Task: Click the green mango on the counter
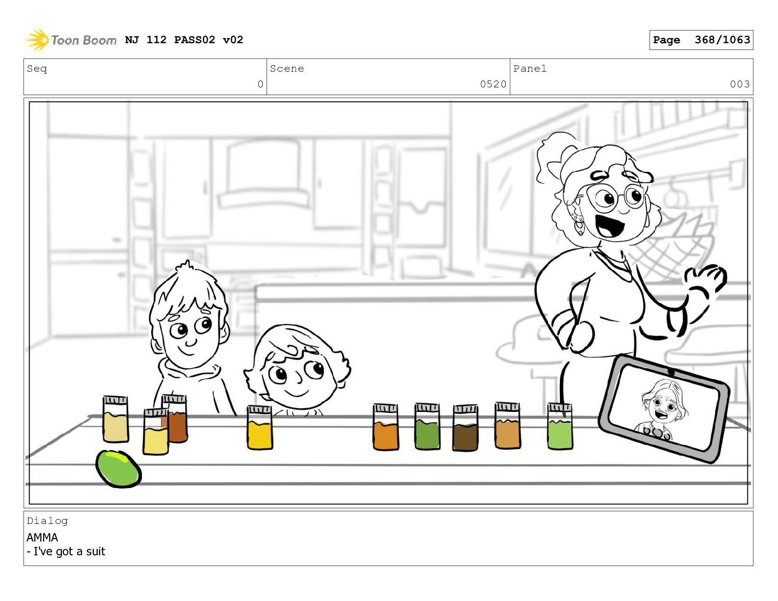118,468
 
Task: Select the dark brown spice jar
465,428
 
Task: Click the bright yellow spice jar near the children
259,427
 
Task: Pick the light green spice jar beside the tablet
559,426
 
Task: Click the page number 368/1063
722,40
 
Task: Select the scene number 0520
493,84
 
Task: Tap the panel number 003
740,84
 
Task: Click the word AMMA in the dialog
42,537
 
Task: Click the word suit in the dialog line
96,551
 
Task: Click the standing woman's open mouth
610,225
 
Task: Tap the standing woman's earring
579,225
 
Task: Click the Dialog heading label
47,521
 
